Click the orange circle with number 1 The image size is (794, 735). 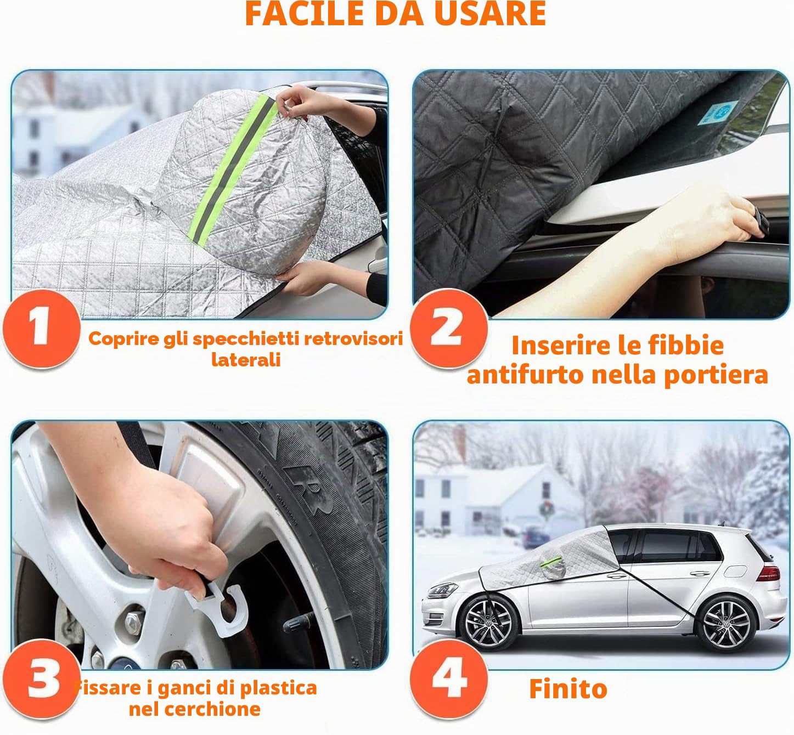[x=42, y=329]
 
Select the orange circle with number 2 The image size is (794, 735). [x=448, y=329]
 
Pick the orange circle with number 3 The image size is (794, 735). [x=42, y=679]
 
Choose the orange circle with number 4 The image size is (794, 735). [x=448, y=679]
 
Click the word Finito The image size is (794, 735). [x=568, y=689]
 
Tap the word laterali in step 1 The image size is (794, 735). [x=246, y=359]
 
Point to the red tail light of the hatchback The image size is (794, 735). [x=768, y=573]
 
